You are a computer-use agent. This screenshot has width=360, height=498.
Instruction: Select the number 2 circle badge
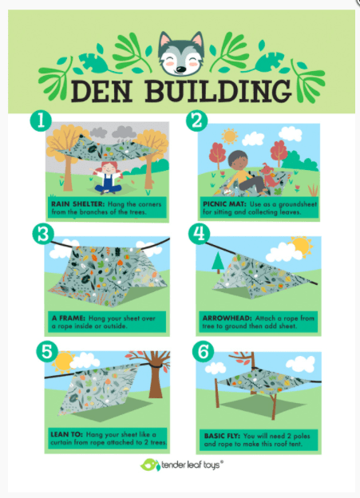tap(196, 121)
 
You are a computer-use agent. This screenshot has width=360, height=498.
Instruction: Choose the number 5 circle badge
tap(44, 350)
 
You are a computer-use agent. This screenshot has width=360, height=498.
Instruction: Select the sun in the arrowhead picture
tap(302, 243)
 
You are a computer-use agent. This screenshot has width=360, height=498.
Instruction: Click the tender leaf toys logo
tap(180, 465)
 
